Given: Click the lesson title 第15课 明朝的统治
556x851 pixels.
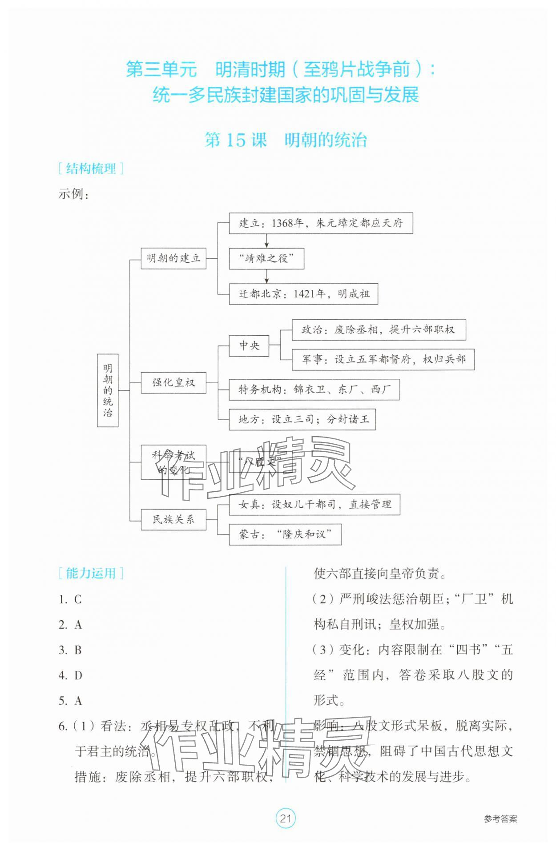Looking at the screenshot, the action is [x=285, y=140].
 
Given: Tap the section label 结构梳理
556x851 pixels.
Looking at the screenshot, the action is [x=91, y=169].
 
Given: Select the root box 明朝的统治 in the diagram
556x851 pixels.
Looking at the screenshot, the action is [x=108, y=390].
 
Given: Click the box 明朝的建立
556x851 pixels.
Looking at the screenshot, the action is [x=173, y=258].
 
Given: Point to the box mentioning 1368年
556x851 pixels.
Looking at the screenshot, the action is [x=321, y=223].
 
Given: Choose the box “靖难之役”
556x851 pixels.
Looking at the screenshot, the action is [x=266, y=258].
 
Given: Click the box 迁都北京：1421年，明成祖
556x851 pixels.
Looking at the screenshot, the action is [x=303, y=294].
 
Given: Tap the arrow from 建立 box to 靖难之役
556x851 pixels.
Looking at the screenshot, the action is [x=266, y=241].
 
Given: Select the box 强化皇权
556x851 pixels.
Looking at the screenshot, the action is [x=173, y=382].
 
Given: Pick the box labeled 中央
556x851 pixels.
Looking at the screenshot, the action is [x=249, y=345].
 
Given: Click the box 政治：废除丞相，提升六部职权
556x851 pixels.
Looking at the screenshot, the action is [x=379, y=329].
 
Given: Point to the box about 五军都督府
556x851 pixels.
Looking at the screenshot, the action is [x=383, y=359].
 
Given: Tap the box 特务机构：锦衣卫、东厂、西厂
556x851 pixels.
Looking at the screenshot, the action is [x=314, y=389].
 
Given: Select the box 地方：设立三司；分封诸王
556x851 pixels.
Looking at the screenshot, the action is [x=302, y=419].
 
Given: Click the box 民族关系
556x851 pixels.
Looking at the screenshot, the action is [x=173, y=519].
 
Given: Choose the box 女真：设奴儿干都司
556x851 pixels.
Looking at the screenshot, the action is [x=314, y=505].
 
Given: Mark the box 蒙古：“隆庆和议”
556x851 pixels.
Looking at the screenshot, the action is [x=285, y=534].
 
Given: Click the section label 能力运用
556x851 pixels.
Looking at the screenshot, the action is [x=91, y=574].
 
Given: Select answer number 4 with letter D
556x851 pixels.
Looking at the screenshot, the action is [x=71, y=675].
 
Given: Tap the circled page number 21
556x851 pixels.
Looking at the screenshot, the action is [x=285, y=818].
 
